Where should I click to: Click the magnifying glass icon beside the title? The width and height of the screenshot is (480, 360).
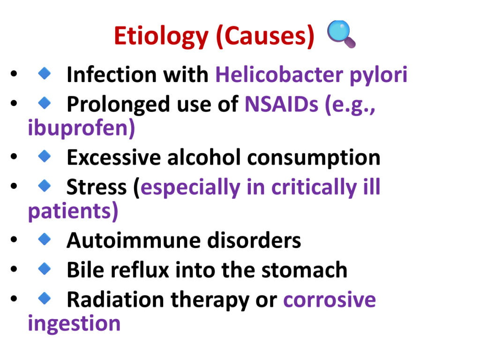point(341,34)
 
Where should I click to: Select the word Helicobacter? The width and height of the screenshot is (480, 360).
point(279,75)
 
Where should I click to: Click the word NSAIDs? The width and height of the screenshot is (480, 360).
point(281,104)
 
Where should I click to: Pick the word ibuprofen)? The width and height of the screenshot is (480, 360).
point(81,128)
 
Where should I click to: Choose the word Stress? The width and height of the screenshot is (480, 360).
point(97,187)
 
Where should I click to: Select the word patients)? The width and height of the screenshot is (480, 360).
point(73,211)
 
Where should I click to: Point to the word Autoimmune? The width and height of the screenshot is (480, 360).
point(133,240)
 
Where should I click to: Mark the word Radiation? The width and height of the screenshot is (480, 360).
point(115,299)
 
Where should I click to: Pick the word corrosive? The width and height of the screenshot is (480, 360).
point(330,300)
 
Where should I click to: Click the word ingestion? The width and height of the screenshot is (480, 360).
point(74,324)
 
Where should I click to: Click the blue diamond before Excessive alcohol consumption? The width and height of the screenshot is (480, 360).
point(45,157)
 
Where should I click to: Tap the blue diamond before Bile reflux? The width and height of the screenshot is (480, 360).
point(45,269)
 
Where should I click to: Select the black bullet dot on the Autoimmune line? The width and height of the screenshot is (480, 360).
point(14,240)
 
